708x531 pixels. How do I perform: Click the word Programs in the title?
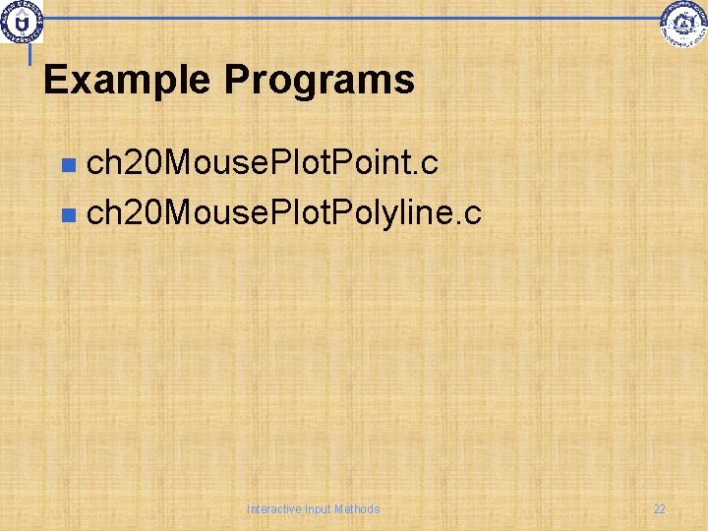(x=320, y=80)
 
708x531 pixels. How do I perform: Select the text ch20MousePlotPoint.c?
(x=262, y=164)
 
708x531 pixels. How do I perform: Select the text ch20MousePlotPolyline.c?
(x=283, y=211)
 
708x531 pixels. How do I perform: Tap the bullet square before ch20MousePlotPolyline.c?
(x=67, y=212)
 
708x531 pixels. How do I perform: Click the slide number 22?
(x=659, y=509)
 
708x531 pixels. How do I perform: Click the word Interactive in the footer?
(x=274, y=509)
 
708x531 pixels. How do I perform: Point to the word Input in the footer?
(x=319, y=509)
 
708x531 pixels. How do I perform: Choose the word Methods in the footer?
(x=357, y=509)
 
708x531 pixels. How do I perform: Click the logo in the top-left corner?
(x=22, y=21)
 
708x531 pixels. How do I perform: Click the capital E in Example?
(x=55, y=80)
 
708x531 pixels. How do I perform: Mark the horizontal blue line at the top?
(x=354, y=18)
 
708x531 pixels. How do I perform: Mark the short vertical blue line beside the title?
(x=30, y=55)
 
